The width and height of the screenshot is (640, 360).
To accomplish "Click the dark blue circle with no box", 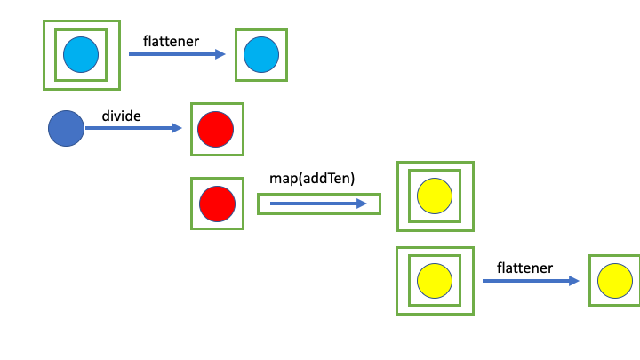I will click(66, 129).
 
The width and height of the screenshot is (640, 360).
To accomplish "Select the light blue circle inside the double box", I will click(81, 55).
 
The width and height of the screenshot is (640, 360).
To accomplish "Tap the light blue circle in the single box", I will click(261, 54).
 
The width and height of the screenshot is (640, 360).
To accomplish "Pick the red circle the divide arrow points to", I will click(216, 129).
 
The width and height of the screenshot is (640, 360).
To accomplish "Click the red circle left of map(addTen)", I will click(216, 204).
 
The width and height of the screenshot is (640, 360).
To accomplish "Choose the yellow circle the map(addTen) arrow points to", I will click(436, 196).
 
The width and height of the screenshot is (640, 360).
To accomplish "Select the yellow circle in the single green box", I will click(614, 280).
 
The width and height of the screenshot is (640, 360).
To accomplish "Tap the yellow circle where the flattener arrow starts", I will click(435, 280).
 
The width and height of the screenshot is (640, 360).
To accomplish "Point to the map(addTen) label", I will click(312, 179).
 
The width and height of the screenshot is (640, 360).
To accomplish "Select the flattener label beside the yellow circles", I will click(524, 267).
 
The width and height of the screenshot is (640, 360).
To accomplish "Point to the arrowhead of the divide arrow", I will click(176, 129).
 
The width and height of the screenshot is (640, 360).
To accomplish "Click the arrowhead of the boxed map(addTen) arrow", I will click(361, 204).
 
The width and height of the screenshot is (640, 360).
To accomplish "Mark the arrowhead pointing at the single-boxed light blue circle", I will click(221, 54).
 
